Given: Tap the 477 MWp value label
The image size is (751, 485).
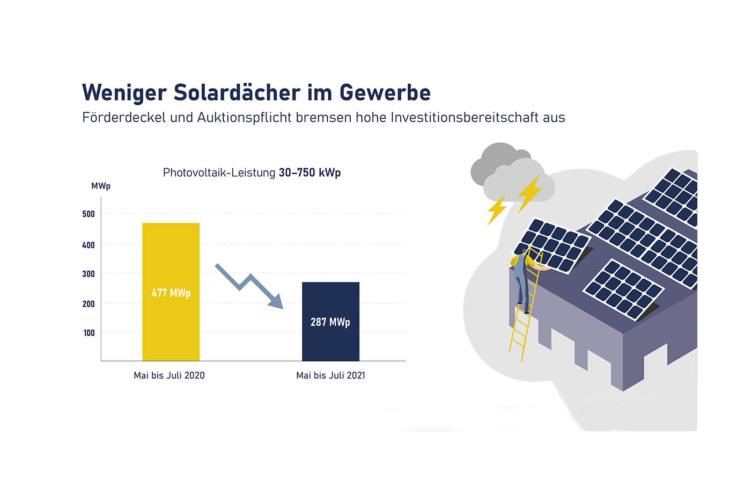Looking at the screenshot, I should pyautogui.click(x=171, y=293).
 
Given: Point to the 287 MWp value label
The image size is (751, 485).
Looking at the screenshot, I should pyautogui.click(x=330, y=322).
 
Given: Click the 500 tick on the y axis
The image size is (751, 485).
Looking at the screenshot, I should pyautogui.click(x=89, y=214).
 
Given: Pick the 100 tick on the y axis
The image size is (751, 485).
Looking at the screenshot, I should pyautogui.click(x=89, y=333).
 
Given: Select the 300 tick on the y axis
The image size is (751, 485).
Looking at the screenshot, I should pyautogui.click(x=89, y=274).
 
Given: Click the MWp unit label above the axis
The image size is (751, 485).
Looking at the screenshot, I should pyautogui.click(x=101, y=186).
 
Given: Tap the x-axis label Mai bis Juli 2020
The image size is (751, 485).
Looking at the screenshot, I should pyautogui.click(x=169, y=375).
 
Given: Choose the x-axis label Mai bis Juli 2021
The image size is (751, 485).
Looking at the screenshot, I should pyautogui.click(x=330, y=375).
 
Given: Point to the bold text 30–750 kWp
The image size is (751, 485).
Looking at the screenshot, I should pyautogui.click(x=310, y=172).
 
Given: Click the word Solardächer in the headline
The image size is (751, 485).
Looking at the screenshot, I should pyautogui.click(x=237, y=92).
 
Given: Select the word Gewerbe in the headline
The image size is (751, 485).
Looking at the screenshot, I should pyautogui.click(x=385, y=92).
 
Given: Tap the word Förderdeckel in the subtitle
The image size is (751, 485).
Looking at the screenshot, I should pyautogui.click(x=124, y=117).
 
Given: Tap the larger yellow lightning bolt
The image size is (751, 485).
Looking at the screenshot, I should pyautogui.click(x=529, y=192).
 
